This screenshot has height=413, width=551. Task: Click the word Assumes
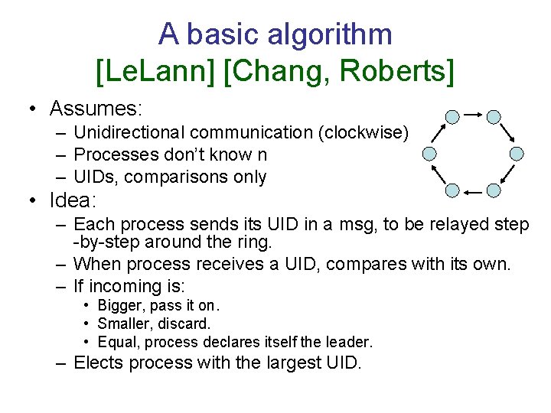pyautogui.click(x=96, y=108)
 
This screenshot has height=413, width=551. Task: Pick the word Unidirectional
pyautogui.click(x=132, y=132)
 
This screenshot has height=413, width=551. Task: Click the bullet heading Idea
pyautogui.click(x=73, y=201)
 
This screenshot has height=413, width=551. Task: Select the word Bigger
pyautogui.click(x=122, y=306)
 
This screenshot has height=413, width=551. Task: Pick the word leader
pyautogui.click(x=349, y=342)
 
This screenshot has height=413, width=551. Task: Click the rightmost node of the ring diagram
pyautogui.click(x=517, y=153)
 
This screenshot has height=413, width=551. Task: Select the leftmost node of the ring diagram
pyautogui.click(x=430, y=153)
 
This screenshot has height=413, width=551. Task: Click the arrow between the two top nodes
pyautogui.click(x=473, y=115)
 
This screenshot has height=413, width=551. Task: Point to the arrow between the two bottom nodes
pyautogui.click(x=473, y=190)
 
